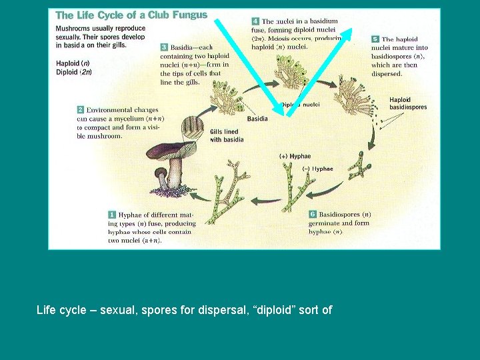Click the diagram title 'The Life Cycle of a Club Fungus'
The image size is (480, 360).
131,15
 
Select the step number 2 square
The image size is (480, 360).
80,109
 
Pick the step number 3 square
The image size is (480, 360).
164,47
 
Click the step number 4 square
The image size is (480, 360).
255,21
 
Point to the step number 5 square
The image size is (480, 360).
375,39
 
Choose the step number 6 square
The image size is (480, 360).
313,215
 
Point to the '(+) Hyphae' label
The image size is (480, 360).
295,156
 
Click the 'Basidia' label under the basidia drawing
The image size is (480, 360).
257,119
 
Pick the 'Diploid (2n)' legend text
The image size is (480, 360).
74,72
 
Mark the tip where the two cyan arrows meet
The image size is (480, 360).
287,113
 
